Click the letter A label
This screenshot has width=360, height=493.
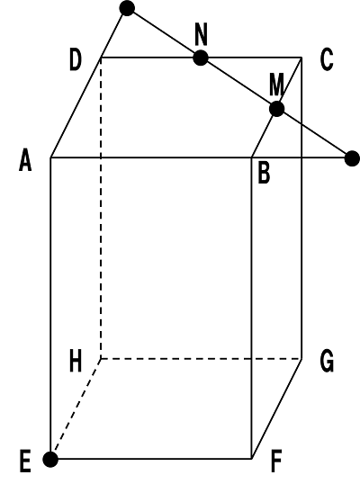(25, 160)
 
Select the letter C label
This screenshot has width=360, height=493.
(327, 59)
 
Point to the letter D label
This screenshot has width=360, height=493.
(76, 59)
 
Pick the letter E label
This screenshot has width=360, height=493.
(25, 462)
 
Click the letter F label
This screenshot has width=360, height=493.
(276, 462)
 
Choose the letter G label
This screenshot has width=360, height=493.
(327, 362)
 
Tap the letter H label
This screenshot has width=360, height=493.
(76, 361)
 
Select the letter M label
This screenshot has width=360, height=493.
(276, 85)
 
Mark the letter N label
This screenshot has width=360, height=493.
(202, 34)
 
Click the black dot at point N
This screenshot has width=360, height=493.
(201, 58)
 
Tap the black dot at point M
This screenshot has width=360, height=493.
(277, 109)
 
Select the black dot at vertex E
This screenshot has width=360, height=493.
(50, 460)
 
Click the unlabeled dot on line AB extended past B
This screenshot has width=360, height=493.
(352, 158)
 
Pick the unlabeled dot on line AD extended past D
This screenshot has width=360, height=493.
(127, 8)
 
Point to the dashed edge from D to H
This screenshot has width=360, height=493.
(101, 208)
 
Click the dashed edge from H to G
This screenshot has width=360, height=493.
(202, 358)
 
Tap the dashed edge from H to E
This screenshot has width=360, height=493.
(76, 408)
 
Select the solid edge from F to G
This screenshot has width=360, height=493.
(276, 408)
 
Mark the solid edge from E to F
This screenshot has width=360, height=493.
(151, 459)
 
